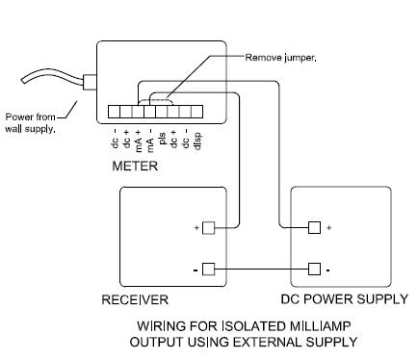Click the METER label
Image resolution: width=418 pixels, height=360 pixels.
pos(135,166)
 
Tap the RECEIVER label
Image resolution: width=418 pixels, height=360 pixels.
pos(135,299)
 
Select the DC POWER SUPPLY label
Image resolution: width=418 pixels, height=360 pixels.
pos(344,299)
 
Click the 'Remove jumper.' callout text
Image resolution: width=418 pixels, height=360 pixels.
pos(280,58)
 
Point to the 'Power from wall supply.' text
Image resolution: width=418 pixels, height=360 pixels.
pos(30,123)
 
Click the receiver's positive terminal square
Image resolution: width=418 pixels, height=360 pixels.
pos(209,228)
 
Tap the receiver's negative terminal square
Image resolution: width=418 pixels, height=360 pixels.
pos(209,270)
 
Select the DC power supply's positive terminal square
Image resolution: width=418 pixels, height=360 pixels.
pos(314,227)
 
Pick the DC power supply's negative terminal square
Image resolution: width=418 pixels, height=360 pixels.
pos(314,270)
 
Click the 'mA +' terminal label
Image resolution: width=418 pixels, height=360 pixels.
pos(139,141)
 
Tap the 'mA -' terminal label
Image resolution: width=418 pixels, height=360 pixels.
pos(150,141)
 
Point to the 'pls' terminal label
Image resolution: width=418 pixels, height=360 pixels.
pos(163,139)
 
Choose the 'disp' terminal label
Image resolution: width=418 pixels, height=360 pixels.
pos(197,141)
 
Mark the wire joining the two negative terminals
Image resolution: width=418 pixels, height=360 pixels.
pos(261,270)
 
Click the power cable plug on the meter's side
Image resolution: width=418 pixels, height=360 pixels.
pos(90,82)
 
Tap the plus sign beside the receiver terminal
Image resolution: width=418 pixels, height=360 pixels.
pos(196,228)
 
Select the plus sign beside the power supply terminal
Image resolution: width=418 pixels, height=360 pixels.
pos(328,228)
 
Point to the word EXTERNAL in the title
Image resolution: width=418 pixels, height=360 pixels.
pos(268,342)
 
